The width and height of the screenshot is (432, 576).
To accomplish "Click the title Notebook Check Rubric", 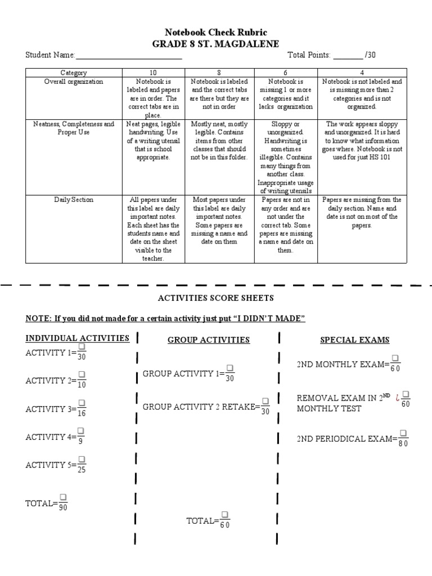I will tap(215, 33).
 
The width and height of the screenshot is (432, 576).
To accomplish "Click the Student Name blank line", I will tap(128, 56).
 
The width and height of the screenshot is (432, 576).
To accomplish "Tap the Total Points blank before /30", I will tap(348, 56).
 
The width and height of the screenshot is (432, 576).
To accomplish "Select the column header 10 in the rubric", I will tap(154, 73).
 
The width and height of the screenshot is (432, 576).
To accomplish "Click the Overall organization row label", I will tap(74, 82).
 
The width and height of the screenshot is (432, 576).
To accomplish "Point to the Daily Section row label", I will tap(74, 200).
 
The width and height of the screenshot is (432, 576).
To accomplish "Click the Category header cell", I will tap(74, 73).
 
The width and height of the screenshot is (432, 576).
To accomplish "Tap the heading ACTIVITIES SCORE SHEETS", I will tap(216, 298).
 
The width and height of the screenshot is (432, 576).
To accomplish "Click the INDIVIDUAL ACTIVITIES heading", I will tap(78, 338).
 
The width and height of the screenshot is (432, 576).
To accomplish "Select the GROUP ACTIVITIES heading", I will tap(209, 340).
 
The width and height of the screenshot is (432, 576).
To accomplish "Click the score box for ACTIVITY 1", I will tap(82, 348).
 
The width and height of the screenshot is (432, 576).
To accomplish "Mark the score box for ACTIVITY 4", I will tap(80, 430).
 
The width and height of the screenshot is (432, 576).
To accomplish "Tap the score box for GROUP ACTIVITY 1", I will tap(229, 368).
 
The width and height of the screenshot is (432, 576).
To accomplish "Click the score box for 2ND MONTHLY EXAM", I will tap(395, 358).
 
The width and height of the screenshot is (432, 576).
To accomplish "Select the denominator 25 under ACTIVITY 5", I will tap(82, 470).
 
